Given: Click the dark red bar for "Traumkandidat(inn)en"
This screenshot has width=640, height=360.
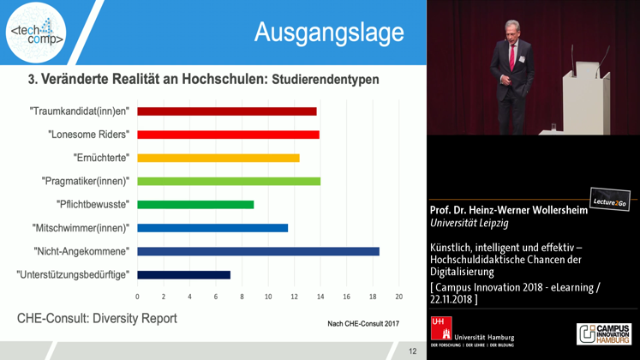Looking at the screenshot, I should [226, 111].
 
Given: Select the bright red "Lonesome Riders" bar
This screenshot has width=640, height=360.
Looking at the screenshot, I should [228, 135].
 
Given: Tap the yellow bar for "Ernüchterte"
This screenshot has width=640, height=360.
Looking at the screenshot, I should [218, 158].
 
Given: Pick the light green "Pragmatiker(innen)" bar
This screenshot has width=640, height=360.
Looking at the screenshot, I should [228, 181].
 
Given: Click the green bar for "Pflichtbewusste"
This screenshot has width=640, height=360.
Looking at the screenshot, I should [195, 205].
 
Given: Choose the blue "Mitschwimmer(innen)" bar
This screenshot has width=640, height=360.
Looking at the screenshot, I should [212, 228].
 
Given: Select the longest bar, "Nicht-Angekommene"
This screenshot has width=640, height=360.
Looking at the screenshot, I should [258, 251].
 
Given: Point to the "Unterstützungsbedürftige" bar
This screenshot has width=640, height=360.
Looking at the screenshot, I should [183, 274].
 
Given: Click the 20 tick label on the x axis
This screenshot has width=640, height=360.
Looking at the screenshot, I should [398, 297].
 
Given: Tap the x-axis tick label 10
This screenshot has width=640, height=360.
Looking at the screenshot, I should [268, 297].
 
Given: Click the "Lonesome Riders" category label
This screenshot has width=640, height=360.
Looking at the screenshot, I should [89, 135].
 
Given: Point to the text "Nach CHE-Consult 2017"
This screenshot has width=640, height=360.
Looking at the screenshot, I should [365, 323].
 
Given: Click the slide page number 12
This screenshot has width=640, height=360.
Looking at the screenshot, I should [412, 351].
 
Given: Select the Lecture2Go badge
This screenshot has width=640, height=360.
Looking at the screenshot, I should [608, 200].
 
